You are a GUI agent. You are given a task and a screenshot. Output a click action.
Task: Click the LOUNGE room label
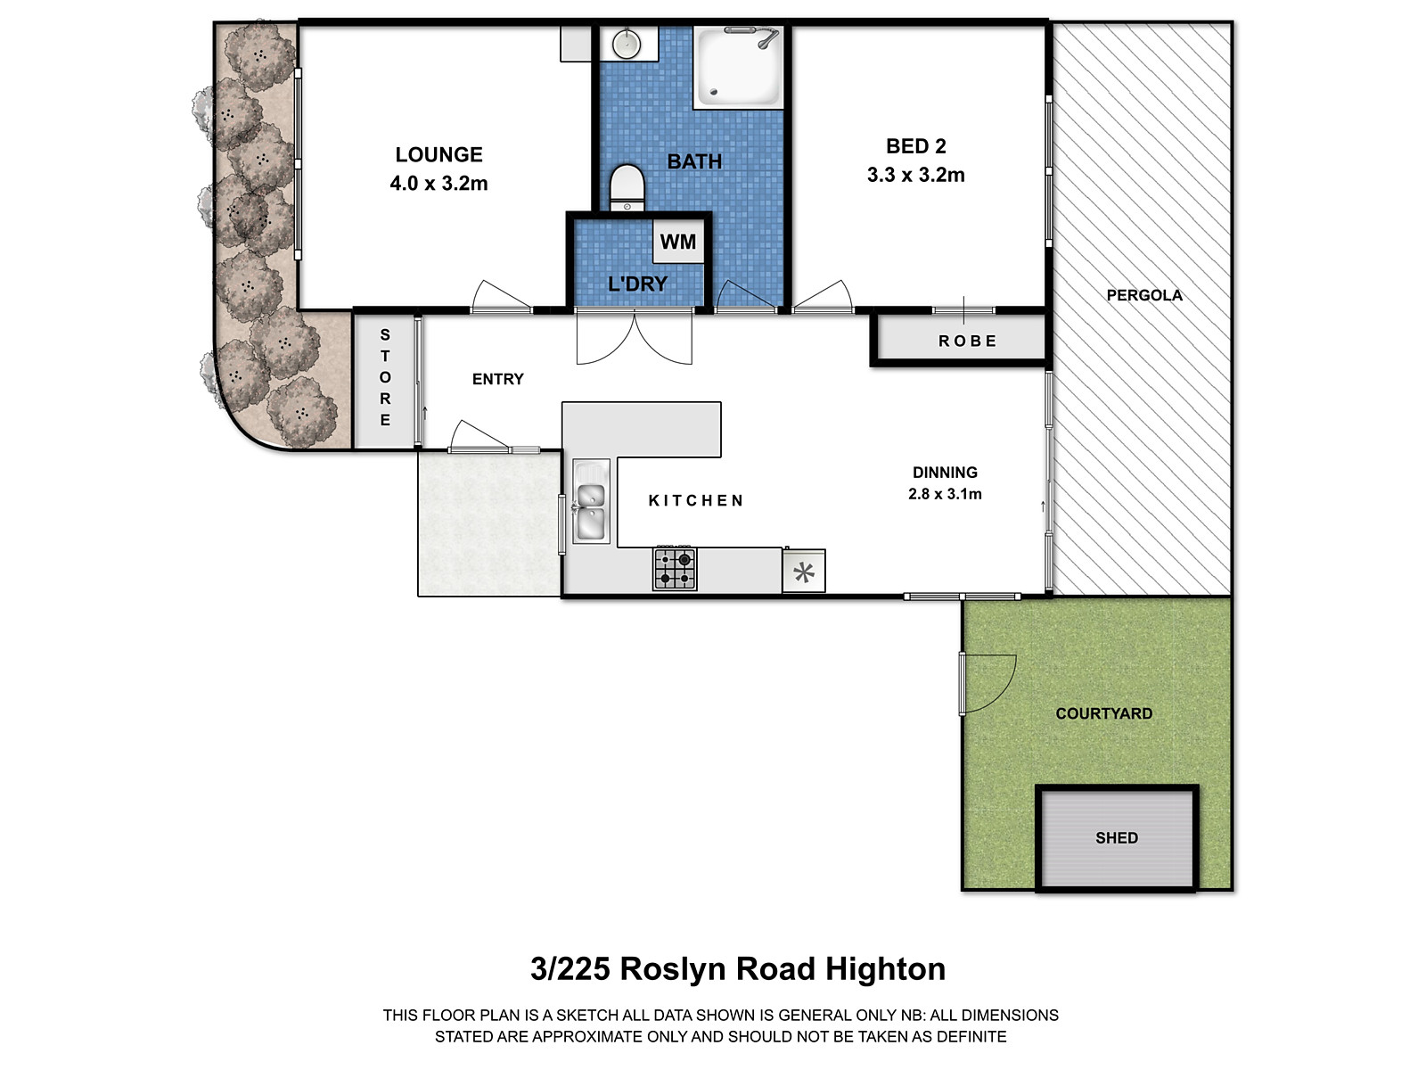pyautogui.click(x=438, y=154)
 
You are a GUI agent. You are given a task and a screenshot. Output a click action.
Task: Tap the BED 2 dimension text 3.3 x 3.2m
pyautogui.click(x=915, y=175)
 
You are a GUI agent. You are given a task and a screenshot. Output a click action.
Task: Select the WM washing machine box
pyautogui.click(x=678, y=242)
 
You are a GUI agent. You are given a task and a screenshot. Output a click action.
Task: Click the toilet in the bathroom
pyautogui.click(x=627, y=186)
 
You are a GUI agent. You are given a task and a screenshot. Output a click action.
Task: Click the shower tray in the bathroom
pyautogui.click(x=738, y=69)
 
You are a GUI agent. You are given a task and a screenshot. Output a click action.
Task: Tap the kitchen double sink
pyautogui.click(x=590, y=501)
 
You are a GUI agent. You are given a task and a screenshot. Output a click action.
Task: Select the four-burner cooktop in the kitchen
pyautogui.click(x=675, y=569)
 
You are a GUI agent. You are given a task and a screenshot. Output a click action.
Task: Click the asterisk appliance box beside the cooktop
pyautogui.click(x=804, y=572)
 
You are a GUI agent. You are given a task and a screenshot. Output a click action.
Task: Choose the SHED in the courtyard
pyautogui.click(x=1117, y=837)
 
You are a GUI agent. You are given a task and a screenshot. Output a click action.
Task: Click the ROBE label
pyautogui.click(x=968, y=341)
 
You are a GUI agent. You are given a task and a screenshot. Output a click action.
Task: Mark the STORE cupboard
pyautogui.click(x=385, y=378)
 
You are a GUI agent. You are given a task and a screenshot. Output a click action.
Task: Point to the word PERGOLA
pyautogui.click(x=1143, y=295)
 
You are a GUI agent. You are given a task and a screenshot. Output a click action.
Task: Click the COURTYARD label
pyautogui.click(x=1103, y=713)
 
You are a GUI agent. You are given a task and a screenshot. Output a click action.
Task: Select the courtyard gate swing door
pyautogui.click(x=988, y=683)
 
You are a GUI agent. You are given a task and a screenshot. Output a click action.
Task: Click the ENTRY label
pyautogui.click(x=497, y=379)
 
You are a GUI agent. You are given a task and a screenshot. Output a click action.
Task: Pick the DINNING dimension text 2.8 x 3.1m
pyautogui.click(x=945, y=494)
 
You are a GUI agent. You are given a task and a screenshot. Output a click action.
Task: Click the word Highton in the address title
pyautogui.click(x=884, y=968)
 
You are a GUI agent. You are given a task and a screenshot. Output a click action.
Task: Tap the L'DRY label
pyautogui.click(x=636, y=284)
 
